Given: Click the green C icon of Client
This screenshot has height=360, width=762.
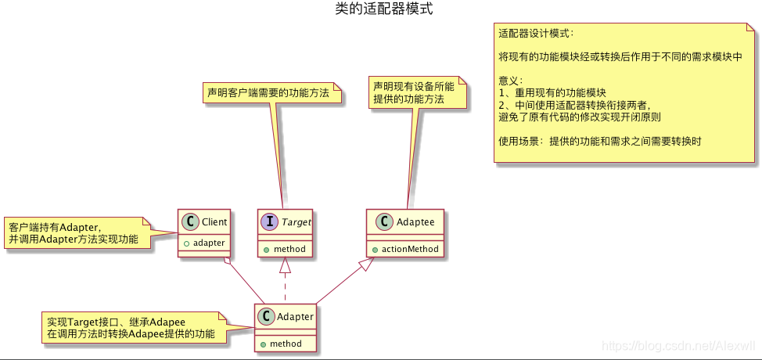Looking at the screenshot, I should click(189, 222).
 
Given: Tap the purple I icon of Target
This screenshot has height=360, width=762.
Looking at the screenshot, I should click(269, 222).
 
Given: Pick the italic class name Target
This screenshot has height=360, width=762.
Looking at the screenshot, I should click(296, 222).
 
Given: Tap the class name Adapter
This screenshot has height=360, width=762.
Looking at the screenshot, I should click(296, 317).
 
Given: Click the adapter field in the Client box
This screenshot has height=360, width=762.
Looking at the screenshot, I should click(209, 243).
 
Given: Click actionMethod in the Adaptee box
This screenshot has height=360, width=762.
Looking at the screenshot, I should click(410, 249).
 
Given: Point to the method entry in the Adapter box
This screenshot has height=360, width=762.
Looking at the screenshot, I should click(285, 344).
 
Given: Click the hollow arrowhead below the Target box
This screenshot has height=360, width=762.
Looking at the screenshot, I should click(285, 265).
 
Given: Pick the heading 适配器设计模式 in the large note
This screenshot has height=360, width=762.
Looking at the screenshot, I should click(536, 34).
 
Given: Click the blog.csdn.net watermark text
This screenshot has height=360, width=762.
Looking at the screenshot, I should click(681, 345).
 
